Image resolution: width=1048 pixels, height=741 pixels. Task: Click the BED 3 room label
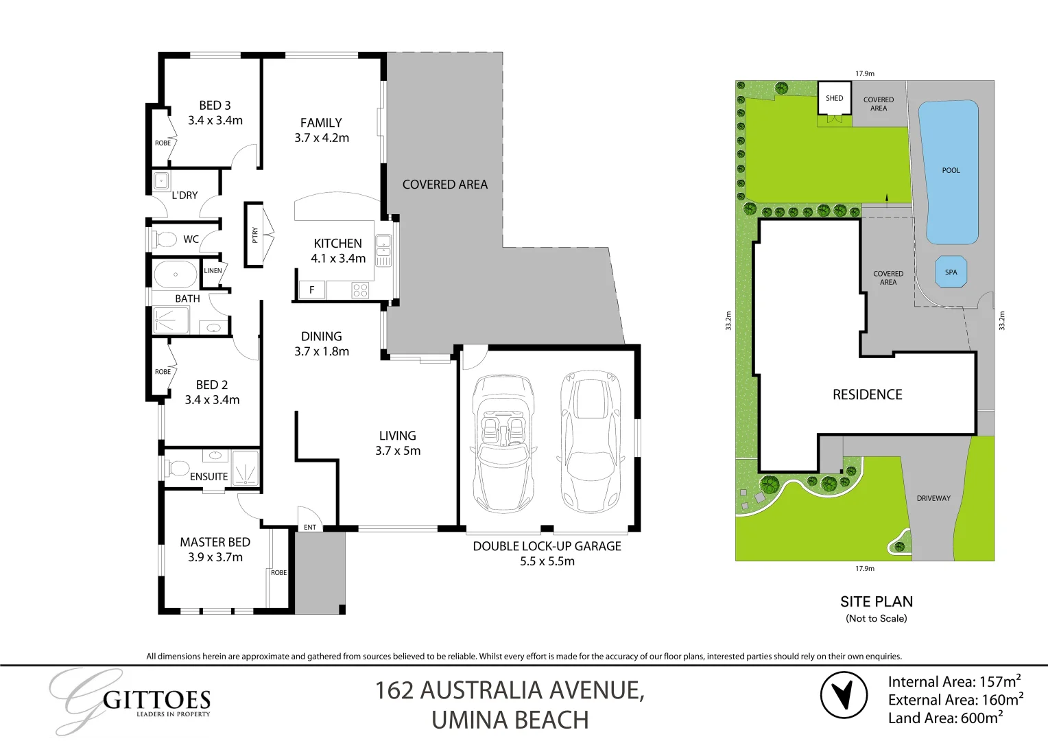click(215, 106)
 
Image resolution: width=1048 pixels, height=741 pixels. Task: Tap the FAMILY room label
click(321, 123)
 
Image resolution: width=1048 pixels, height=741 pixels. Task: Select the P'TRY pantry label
click(254, 235)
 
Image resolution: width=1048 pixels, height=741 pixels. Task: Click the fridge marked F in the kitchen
click(311, 290)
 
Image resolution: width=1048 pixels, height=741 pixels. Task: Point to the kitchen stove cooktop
click(360, 290)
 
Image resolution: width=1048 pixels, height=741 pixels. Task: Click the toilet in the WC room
click(165, 240)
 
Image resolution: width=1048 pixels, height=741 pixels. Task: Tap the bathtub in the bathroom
click(176, 274)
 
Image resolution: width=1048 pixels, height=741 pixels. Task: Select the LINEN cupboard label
click(213, 271)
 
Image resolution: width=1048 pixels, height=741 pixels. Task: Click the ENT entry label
click(310, 527)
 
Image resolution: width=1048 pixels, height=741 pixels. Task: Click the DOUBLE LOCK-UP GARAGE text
click(547, 546)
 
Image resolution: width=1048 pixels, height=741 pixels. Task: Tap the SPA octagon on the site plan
click(951, 272)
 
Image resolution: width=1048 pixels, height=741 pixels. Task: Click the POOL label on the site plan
click(951, 170)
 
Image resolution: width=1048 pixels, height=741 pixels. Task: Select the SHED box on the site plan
click(834, 99)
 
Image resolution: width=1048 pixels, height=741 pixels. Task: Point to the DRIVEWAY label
click(933, 498)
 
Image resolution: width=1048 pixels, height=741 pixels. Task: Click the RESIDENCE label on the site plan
click(867, 395)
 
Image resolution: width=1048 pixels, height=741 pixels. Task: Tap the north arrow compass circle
click(844, 695)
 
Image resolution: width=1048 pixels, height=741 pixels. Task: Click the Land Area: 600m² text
click(945, 718)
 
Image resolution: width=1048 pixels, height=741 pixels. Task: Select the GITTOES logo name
click(156, 701)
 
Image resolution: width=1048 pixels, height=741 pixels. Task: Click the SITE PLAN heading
click(877, 602)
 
